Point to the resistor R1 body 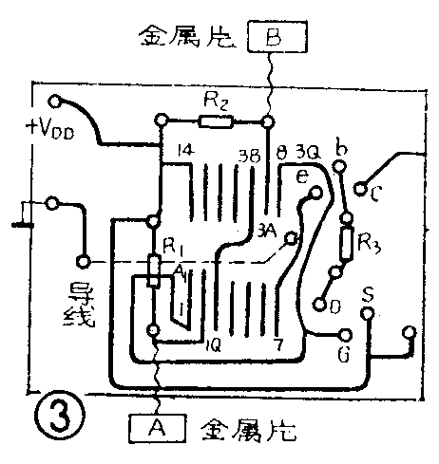pyautogui.click(x=152, y=271)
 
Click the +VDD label pyautogui.click(x=50, y=129)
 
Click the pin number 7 pyautogui.click(x=277, y=344)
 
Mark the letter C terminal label pyautogui.click(x=377, y=196)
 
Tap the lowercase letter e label pyautogui.click(x=301, y=177)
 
